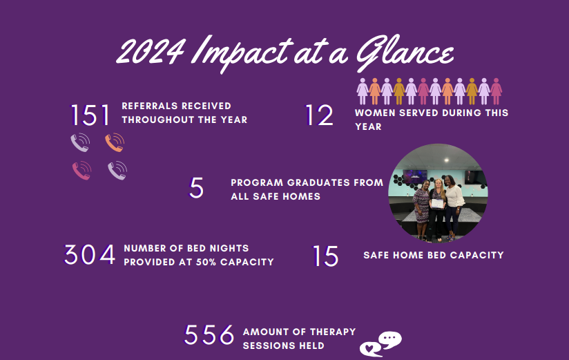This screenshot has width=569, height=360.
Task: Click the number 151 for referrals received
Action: pyautogui.click(x=90, y=115)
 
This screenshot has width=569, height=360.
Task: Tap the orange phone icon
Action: pyautogui.click(x=115, y=142)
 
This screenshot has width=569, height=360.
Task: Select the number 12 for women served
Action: pyautogui.click(x=319, y=115)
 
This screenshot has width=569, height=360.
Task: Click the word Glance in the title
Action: pyautogui.click(x=405, y=53)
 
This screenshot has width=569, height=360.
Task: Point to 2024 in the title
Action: pyautogui.click(x=151, y=52)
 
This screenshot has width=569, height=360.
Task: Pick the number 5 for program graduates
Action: pyautogui.click(x=196, y=188)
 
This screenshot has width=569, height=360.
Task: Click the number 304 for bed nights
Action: pyautogui.click(x=90, y=254)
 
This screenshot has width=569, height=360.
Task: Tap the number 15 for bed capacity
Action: pyautogui.click(x=325, y=256)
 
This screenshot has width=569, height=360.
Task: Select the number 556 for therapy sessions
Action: pyautogui.click(x=209, y=334)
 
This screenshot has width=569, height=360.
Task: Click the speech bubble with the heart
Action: pyautogui.click(x=370, y=349)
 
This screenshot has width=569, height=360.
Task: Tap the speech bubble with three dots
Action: pyautogui.click(x=390, y=340)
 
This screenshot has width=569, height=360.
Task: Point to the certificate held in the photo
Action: pyautogui.click(x=437, y=203)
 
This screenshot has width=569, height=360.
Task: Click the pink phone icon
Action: pyautogui.click(x=81, y=171)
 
